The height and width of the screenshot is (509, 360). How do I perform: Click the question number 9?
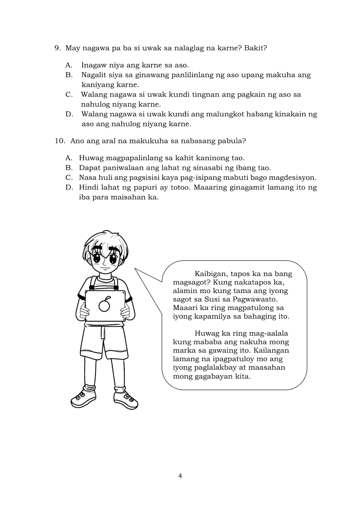click(x=57, y=48)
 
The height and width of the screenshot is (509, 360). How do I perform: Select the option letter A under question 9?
click(x=68, y=65)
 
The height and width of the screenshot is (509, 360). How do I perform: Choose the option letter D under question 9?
click(x=68, y=115)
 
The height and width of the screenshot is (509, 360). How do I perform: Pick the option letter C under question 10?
click(x=68, y=178)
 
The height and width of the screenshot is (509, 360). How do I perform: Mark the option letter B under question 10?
click(x=68, y=168)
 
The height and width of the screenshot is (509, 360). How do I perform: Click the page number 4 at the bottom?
click(x=180, y=475)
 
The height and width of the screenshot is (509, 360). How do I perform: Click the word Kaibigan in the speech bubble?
click(x=211, y=274)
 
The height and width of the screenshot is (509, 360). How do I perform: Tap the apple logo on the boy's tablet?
click(x=104, y=305)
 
